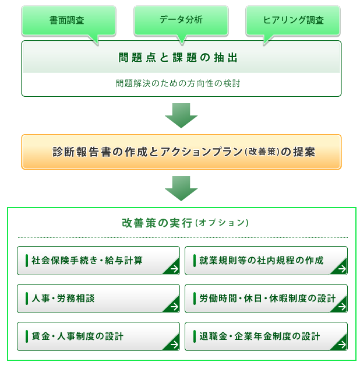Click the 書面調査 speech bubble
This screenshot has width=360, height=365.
click(x=69, y=21)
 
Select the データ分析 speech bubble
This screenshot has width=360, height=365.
click(x=181, y=20)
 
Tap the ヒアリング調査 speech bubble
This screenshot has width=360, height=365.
click(x=293, y=21)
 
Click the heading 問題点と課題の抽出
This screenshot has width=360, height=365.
click(x=178, y=58)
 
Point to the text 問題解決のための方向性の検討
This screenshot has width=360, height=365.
click(x=178, y=83)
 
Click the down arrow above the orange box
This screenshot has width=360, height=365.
click(x=181, y=115)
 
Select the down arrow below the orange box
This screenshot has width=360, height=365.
click(x=181, y=188)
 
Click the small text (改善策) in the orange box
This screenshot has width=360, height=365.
click(x=262, y=152)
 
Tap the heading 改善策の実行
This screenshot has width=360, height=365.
click(x=157, y=223)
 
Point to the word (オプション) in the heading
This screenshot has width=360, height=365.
click(x=222, y=223)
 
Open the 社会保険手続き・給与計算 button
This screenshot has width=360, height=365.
click(x=98, y=261)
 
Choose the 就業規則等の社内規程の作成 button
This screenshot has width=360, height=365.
click(x=266, y=261)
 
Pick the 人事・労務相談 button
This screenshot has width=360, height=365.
click(x=98, y=299)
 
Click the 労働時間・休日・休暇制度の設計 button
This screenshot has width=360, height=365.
click(x=266, y=299)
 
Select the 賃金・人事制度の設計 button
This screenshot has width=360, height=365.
click(x=98, y=336)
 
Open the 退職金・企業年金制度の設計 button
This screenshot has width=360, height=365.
click(x=266, y=336)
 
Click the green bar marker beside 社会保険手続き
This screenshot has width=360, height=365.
click(x=27, y=261)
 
